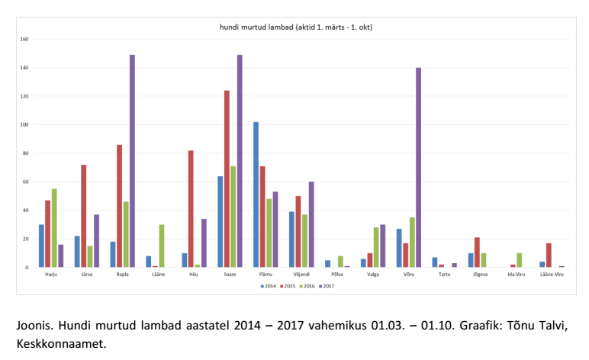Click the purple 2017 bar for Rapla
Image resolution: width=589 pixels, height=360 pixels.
coord(132,161)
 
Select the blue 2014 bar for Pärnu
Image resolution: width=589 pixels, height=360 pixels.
coord(256,194)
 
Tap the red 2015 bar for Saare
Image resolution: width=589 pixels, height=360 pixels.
coord(227,178)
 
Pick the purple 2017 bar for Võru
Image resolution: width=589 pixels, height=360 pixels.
coord(418,167)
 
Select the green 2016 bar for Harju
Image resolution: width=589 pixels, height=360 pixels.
coord(54,228)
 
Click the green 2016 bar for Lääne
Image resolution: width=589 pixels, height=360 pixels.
coord(162,246)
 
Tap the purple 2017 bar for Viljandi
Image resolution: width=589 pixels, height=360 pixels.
coord(311,224)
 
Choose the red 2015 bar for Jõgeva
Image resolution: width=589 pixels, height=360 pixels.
coord(477,252)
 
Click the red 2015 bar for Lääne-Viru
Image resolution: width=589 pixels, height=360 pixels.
coord(549,255)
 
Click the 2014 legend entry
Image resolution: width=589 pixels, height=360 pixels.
coord(267,286)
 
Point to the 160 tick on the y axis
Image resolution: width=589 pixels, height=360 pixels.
coord(24,40)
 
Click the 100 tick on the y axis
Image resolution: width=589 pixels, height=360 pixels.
coord(24,125)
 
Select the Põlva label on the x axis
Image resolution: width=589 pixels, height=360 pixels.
coord(337,275)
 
